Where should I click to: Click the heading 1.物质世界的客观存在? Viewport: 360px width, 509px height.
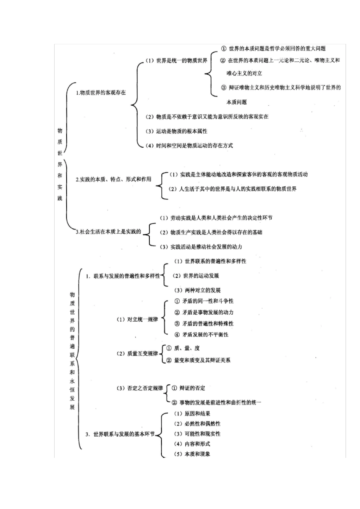[101, 92]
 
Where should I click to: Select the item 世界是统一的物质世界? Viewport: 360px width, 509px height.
[177, 61]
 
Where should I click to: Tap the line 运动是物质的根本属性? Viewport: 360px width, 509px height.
[177, 131]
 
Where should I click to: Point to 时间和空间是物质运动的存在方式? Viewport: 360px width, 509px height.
[189, 145]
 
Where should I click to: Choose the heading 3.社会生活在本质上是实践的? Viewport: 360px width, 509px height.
[108, 232]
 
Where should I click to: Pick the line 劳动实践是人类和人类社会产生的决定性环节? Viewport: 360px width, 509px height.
[216, 218]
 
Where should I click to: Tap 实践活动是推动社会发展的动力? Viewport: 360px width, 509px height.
[201, 247]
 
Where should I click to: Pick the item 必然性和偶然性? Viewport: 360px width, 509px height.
[197, 424]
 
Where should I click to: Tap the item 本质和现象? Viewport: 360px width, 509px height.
[192, 454]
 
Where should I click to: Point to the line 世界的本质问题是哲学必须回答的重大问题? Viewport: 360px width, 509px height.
[273, 48]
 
